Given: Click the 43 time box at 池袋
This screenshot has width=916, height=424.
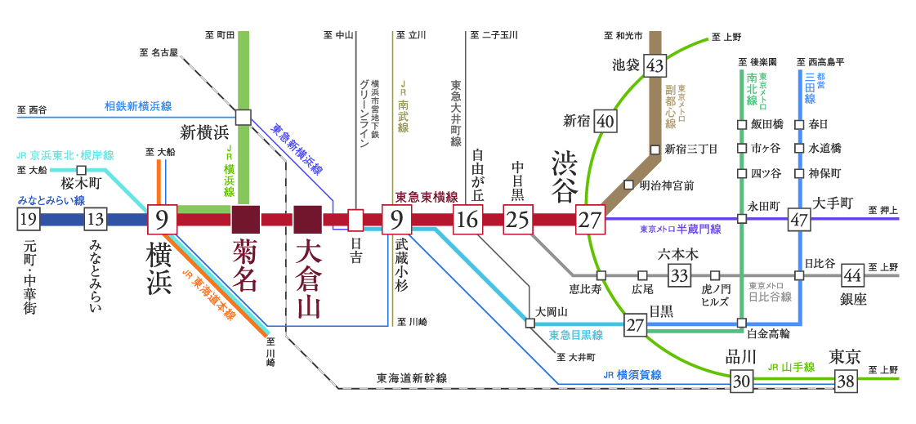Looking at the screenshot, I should [654, 65].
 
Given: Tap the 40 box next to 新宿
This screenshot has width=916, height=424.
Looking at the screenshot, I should [605, 121].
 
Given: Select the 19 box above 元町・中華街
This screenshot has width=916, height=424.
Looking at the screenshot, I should [28, 219].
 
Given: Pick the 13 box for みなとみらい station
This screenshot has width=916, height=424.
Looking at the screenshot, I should [95, 219].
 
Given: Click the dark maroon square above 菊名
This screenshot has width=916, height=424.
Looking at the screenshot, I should [245, 219].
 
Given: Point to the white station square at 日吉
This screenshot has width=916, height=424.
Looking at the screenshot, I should [355, 219].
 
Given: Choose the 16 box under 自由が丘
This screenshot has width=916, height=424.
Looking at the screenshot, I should [467, 219].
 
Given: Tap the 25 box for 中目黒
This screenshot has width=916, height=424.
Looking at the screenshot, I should [516, 219].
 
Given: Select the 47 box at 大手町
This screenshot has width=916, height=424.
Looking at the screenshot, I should [798, 219].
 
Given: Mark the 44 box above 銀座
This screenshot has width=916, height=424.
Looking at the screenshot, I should [852, 274].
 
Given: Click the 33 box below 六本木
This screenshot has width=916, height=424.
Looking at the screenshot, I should [678, 274].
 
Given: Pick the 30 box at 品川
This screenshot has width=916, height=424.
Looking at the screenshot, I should [741, 381].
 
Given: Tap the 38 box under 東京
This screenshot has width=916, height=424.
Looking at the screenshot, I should [845, 381].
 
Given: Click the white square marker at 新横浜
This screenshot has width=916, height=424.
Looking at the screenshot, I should [243, 117].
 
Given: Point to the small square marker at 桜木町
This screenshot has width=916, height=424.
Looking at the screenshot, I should [81, 170].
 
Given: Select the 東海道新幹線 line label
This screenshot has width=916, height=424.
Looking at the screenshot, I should [412, 378].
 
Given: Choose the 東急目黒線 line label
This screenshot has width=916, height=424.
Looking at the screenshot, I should [575, 334].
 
